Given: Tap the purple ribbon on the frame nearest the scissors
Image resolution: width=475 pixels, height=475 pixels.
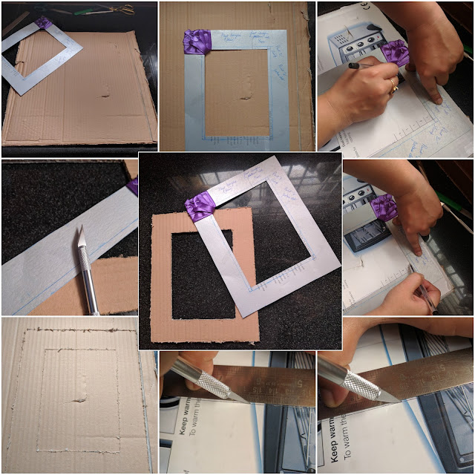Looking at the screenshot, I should point(44,23).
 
